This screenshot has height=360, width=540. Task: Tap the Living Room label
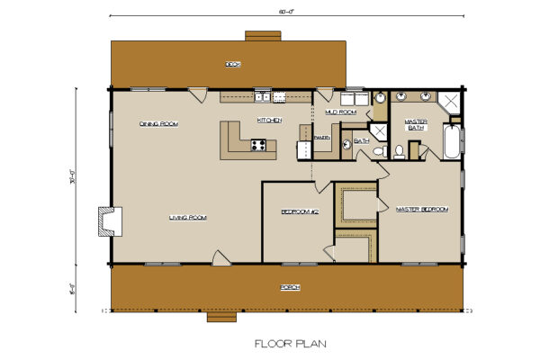click(x=187, y=217)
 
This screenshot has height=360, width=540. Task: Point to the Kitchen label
click(x=270, y=120)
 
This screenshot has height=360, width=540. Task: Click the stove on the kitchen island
click(x=257, y=144)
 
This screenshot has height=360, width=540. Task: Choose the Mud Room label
click(x=341, y=112)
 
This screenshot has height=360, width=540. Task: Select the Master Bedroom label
click(x=421, y=209)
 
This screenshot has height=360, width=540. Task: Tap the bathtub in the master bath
click(x=453, y=142)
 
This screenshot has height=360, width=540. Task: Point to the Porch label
click(x=290, y=286)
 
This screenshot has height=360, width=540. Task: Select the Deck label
click(x=233, y=64)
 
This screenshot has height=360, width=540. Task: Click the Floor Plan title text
click(x=290, y=342)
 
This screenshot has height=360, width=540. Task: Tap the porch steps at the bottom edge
click(x=222, y=317)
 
